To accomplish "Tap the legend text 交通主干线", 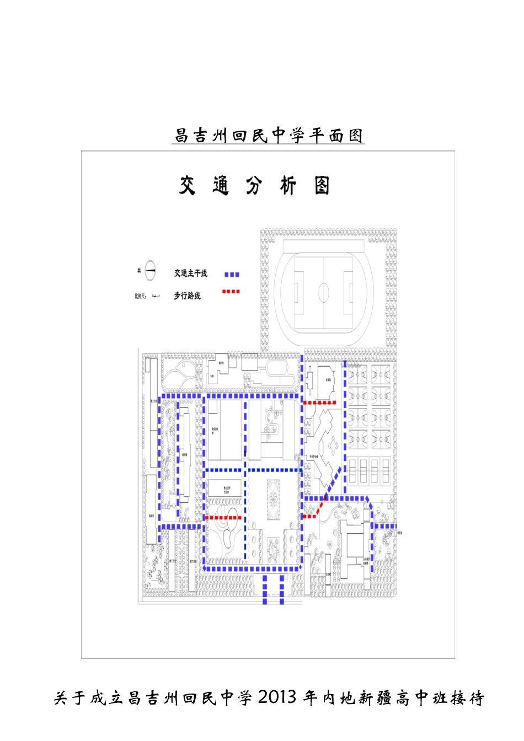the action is (190, 273).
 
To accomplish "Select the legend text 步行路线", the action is (188, 296).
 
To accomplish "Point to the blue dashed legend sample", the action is (232, 274).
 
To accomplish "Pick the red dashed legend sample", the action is (231, 291).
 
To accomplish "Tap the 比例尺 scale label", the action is (140, 296).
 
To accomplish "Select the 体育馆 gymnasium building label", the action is (328, 380).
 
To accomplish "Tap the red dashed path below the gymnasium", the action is (320, 403).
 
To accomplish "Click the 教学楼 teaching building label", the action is (185, 455).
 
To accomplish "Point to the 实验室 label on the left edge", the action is (151, 516).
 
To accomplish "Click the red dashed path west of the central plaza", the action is (223, 518).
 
